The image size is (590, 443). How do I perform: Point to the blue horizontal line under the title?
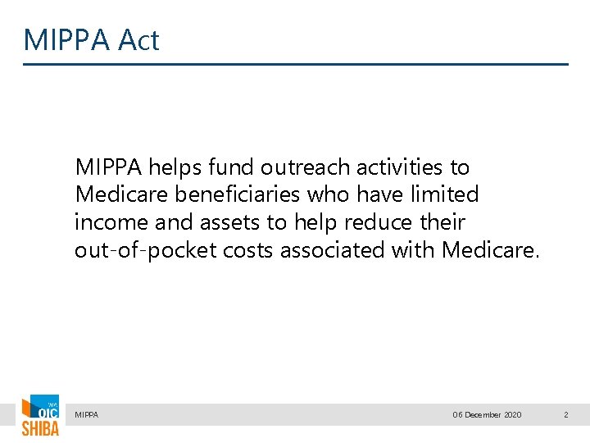pyautogui.click(x=295, y=64)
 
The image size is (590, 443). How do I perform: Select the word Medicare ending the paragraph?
pyautogui.click(x=489, y=250)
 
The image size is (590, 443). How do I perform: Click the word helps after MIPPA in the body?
pyautogui.click(x=175, y=167)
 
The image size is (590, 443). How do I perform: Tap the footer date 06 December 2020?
pyautogui.click(x=487, y=415)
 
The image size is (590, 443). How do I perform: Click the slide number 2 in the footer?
pyautogui.click(x=565, y=415)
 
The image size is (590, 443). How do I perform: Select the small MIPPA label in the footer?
pyautogui.click(x=86, y=415)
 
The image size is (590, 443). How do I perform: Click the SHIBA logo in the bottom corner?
pyautogui.click(x=40, y=416)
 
